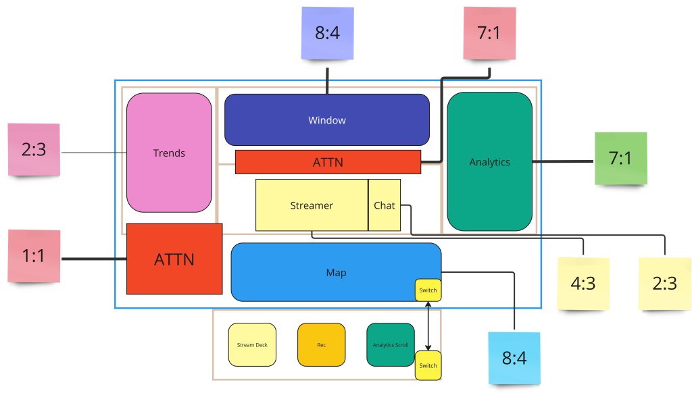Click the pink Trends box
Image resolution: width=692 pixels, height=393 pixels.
coord(169,153)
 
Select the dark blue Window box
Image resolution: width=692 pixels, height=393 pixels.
coord(326,120)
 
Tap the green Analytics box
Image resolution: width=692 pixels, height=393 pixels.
coord(489,162)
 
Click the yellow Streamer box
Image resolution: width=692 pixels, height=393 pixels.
coord(312,205)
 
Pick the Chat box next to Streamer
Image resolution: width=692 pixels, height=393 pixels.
coord(384,205)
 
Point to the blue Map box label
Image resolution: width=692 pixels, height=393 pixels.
coord(336,273)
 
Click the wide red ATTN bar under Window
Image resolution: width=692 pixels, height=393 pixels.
coord(328,162)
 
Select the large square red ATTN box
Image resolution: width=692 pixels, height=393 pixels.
coord(174,259)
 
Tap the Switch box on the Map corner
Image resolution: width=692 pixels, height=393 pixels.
coord(428,290)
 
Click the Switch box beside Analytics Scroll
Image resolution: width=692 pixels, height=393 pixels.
coord(428,365)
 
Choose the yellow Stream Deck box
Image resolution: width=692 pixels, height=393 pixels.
coord(252,345)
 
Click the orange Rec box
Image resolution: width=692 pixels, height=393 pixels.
coord(322,345)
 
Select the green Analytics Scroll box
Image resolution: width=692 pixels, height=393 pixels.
coord(391,345)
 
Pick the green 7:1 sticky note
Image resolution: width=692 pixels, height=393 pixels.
coord(620,159)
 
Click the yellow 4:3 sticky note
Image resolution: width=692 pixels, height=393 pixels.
coord(583,284)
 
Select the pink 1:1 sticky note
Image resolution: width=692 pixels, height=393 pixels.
coord(34,257)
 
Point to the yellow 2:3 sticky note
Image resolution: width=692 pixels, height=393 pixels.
coord(665,284)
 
